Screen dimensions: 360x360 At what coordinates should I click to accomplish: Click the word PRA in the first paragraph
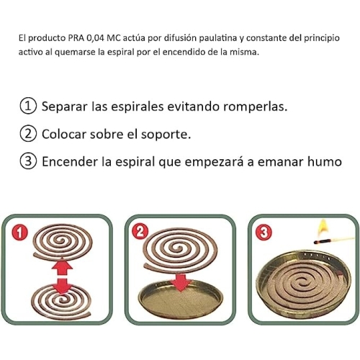76,38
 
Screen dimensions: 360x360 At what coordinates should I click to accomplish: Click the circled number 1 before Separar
28,107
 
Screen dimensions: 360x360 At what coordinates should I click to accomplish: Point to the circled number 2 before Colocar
28,134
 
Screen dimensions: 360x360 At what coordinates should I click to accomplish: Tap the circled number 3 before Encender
28,161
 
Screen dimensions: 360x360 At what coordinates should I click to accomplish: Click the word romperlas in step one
255,107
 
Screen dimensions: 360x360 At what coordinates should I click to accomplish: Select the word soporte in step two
166,135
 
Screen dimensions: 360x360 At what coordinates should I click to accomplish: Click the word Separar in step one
64,107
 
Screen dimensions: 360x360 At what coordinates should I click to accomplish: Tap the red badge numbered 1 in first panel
19,233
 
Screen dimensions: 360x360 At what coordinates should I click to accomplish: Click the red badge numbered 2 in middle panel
140,232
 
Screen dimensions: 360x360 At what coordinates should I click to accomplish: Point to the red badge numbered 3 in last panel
264,233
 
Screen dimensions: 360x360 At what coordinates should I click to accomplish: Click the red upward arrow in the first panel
62,266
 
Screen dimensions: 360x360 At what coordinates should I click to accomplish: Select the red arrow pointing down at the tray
181,282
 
